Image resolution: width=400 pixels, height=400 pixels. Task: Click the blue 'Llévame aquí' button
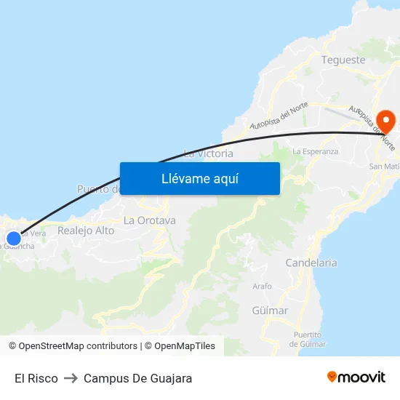point(199,178)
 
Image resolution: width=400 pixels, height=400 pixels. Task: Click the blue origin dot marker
point(14,238)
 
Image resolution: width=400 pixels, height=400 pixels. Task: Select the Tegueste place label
point(343,60)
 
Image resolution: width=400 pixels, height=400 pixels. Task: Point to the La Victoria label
point(209,153)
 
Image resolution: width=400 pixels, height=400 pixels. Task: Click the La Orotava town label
point(149,220)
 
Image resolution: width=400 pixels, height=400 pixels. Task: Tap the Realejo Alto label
point(86,231)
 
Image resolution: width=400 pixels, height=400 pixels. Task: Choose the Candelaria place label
point(311,263)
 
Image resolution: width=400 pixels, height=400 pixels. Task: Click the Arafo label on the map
point(262,287)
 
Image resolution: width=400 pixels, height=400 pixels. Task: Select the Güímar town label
point(270,311)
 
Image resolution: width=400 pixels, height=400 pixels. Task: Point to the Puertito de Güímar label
point(308,339)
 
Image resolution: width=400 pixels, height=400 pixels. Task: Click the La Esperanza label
point(315,151)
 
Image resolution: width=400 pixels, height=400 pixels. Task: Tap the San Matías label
point(384,167)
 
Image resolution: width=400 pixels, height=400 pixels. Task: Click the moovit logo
point(356,377)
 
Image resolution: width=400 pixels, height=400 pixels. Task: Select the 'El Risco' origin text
point(36,378)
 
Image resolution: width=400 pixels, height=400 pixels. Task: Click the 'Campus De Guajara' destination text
point(138,378)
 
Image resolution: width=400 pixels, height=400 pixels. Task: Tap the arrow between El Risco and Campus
point(71,378)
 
